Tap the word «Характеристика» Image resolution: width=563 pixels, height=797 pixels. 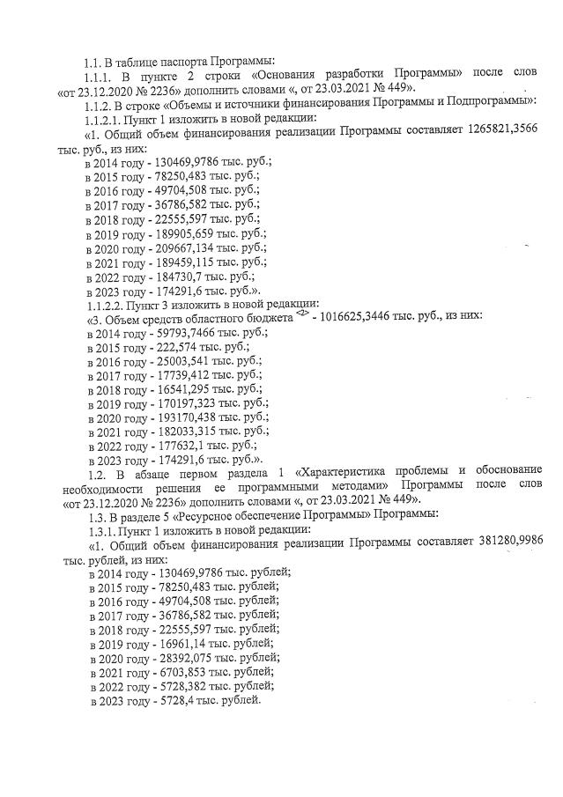point(348,470)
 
